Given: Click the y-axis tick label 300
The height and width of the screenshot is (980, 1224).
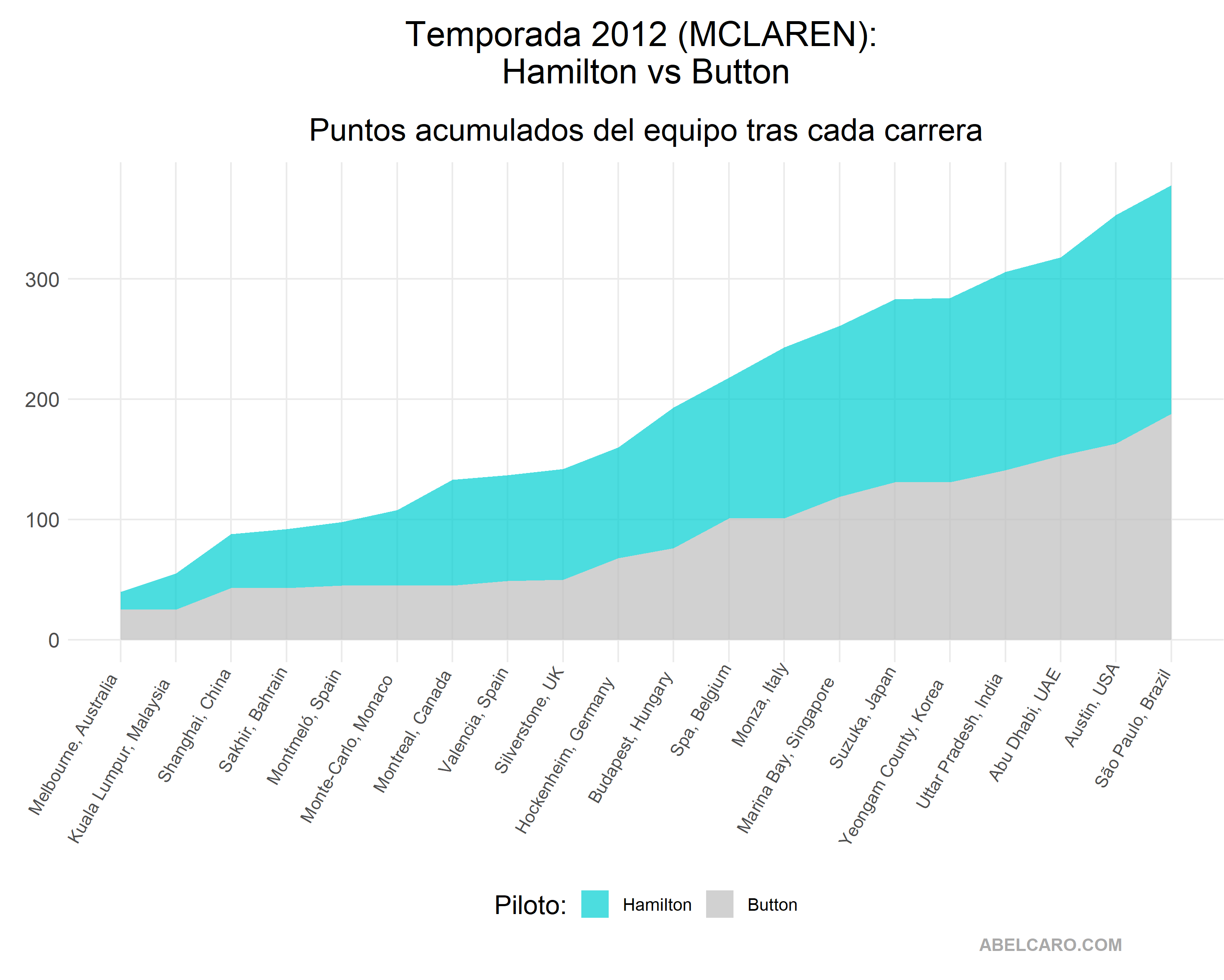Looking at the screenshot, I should click(42, 280).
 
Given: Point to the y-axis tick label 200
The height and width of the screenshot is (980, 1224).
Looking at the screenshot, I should click(42, 400).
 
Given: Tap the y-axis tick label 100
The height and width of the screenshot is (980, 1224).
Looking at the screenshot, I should click(42, 520).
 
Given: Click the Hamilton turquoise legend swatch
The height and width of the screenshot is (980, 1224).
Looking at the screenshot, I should click(595, 904).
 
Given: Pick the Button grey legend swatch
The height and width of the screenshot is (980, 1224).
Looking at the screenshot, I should click(719, 904).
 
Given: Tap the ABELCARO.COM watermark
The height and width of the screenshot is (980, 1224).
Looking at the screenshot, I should click(1050, 945).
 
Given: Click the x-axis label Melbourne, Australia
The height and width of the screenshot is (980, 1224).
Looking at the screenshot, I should click(74, 744).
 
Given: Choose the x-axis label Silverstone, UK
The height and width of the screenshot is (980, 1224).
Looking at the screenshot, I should click(529, 720).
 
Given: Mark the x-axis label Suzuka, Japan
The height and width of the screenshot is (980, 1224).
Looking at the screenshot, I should click(863, 717).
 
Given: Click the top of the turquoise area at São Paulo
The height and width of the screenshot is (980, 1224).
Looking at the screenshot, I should click(1171, 186).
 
